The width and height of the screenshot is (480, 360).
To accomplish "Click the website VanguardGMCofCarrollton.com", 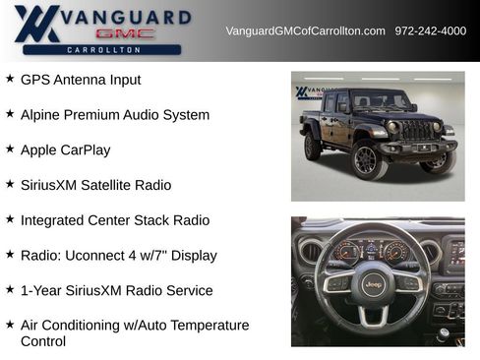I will pyautogui.click(x=305, y=30).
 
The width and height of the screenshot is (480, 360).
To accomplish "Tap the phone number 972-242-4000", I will pyautogui.click(x=430, y=30).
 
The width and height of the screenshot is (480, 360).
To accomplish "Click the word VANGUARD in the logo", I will pyautogui.click(x=125, y=17).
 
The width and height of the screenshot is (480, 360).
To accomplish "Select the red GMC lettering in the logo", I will pyautogui.click(x=125, y=33).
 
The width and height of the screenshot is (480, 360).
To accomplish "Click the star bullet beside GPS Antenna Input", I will pyautogui.click(x=10, y=79).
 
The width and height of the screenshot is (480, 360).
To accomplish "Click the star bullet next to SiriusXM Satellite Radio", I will pyautogui.click(x=10, y=184).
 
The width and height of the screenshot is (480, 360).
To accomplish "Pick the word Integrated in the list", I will pyautogui.click(x=56, y=220).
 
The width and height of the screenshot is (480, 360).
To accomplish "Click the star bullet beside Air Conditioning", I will pyautogui.click(x=10, y=324).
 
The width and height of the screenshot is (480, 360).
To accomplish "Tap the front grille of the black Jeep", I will pyautogui.click(x=417, y=130).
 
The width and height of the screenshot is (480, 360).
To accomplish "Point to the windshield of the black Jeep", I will pyautogui.click(x=379, y=101).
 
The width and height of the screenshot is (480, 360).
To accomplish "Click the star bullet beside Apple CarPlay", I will pyautogui.click(x=10, y=150).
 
